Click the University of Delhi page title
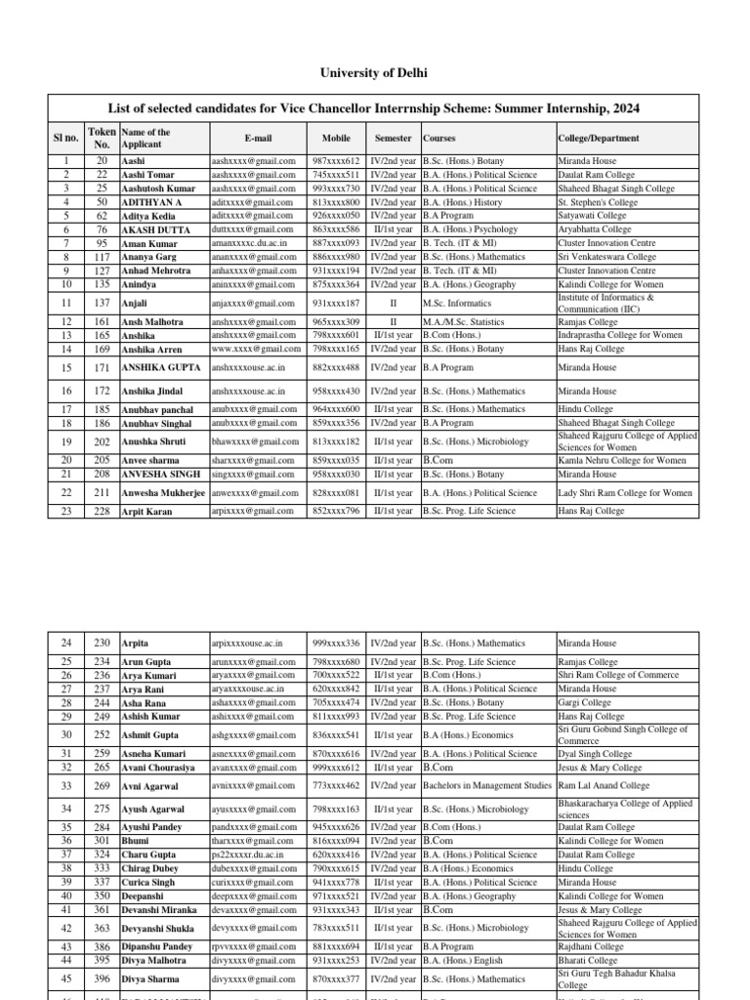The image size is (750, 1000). point(375,73)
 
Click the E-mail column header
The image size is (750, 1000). point(258,139)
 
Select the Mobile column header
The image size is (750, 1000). point(336,139)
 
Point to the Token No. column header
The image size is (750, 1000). point(101,138)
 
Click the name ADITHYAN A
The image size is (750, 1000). point(151,202)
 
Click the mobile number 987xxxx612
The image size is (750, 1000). point(336,161)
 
